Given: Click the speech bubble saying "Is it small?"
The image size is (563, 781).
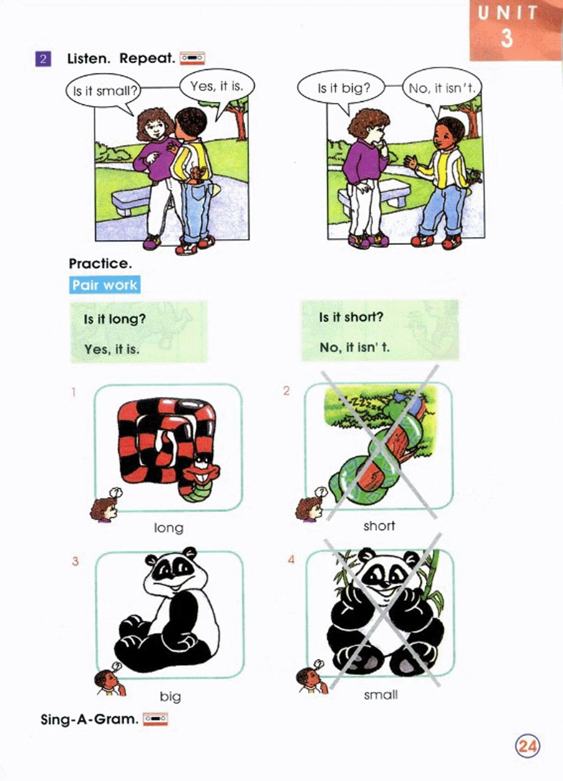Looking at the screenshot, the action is pyautogui.click(x=103, y=91).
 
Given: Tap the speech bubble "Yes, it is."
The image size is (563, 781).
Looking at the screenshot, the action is pyautogui.click(x=217, y=86).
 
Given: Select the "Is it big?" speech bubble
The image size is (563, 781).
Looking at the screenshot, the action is pyautogui.click(x=340, y=88).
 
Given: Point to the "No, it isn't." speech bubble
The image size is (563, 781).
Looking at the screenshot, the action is pyautogui.click(x=442, y=89).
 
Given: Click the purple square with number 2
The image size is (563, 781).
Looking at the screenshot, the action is pyautogui.click(x=43, y=58).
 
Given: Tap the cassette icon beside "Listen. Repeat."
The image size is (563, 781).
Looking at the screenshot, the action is pyautogui.click(x=192, y=58).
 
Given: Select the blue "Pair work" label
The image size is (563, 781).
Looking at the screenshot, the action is pyautogui.click(x=104, y=285).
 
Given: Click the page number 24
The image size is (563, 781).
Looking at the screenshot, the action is pyautogui.click(x=528, y=746).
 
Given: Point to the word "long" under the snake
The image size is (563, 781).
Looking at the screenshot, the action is pyautogui.click(x=168, y=528).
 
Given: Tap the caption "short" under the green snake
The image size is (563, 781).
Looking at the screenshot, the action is pyautogui.click(x=379, y=526).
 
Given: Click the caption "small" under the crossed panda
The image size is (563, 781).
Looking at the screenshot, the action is pyautogui.click(x=380, y=695).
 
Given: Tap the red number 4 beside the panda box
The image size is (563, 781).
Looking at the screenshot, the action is pyautogui.click(x=291, y=559).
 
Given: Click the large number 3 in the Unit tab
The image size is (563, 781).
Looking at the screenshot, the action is pyautogui.click(x=507, y=37).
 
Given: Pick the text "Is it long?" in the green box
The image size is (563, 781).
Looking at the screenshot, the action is pyautogui.click(x=114, y=319).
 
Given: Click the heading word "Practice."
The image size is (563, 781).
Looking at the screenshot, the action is pyautogui.click(x=101, y=263).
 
